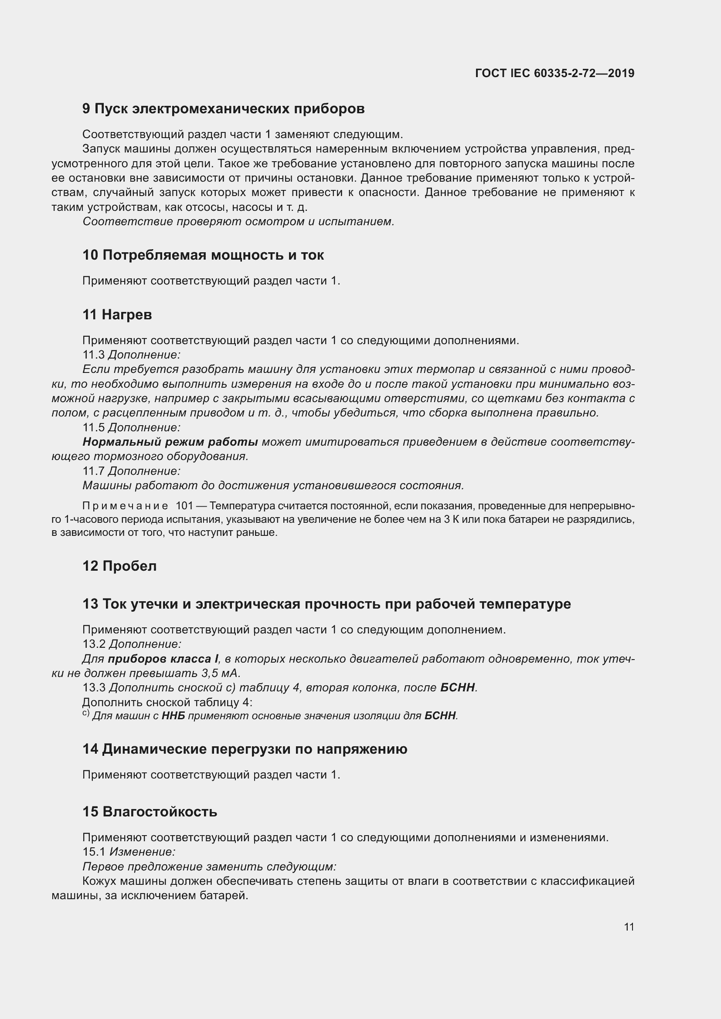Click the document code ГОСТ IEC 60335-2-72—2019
(554, 73)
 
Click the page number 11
(629, 927)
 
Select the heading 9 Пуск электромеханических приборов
(223, 109)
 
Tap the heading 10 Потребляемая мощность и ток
(203, 255)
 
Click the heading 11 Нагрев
(117, 315)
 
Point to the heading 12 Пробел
(119, 566)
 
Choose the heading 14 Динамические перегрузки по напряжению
(245, 749)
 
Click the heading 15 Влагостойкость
(150, 812)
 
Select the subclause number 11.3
(93, 355)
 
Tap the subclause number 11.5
(93, 427)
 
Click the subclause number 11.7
(93, 471)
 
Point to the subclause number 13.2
(94, 644)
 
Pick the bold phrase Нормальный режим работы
(170, 442)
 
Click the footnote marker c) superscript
(86, 713)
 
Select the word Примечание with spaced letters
(125, 506)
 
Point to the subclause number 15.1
(94, 852)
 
